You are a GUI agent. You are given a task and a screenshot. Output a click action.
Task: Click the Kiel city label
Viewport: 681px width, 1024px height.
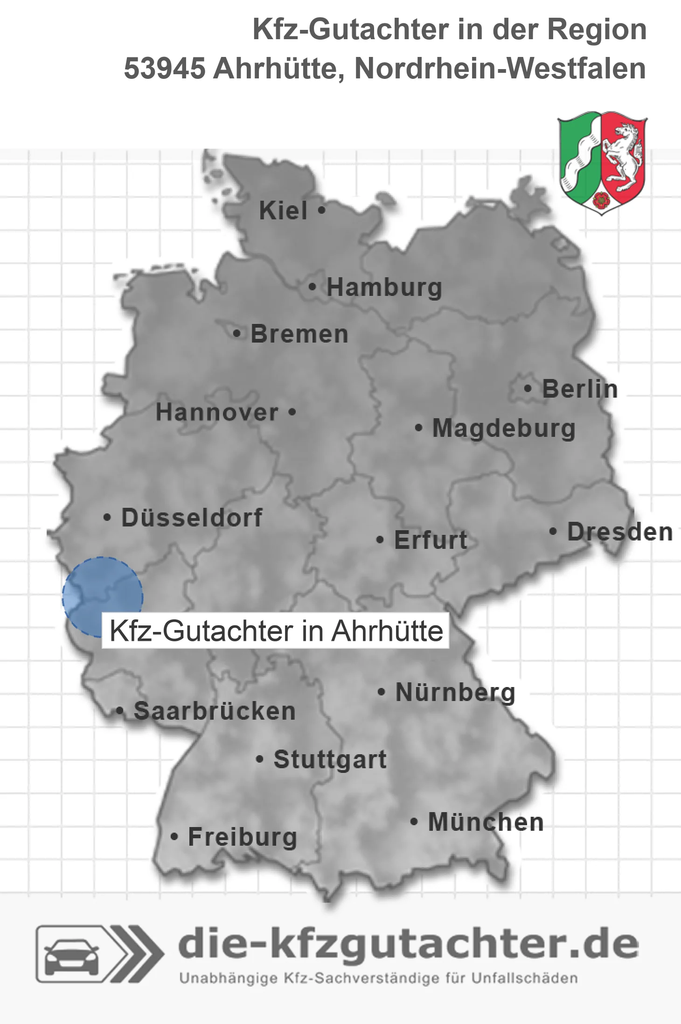coord(283,210)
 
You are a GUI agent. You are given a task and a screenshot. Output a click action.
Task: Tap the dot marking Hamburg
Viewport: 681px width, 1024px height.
coord(313,287)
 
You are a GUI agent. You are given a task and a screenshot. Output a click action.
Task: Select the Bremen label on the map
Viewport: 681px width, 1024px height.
coord(299,334)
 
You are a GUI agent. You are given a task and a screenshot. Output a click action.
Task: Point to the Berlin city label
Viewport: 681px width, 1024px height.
coord(580,389)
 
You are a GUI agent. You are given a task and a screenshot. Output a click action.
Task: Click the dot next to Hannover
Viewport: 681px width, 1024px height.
coord(292,412)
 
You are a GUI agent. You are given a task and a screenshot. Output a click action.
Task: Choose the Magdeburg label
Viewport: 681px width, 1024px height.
coord(504,428)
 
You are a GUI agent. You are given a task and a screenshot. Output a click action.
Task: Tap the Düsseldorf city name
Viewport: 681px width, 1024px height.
coord(192,518)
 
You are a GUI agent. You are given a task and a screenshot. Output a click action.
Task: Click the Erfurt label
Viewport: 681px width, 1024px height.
coord(431,540)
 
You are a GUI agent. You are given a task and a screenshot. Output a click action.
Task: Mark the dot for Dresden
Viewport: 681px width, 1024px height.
coord(553,531)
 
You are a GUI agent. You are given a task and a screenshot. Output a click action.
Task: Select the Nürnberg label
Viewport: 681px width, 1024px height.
coord(455,692)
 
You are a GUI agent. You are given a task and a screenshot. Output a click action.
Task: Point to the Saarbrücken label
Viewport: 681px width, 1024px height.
coord(215,711)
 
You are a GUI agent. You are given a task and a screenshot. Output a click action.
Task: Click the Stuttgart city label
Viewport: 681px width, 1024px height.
coord(330,759)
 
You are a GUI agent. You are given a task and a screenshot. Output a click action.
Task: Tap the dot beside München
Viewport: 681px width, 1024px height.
coord(414,821)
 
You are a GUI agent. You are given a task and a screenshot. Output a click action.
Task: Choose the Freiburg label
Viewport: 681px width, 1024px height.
coord(243,837)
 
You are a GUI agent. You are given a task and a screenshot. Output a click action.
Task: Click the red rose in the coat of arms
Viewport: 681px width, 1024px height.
coord(601,200)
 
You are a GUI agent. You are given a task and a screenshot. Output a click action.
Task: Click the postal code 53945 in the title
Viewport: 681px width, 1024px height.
coord(164,69)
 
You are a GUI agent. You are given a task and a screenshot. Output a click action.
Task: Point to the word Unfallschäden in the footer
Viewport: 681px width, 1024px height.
coord(524,978)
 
